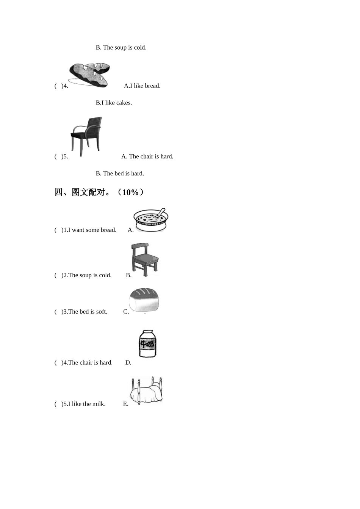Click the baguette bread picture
pos(89,75)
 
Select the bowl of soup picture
pos(151,220)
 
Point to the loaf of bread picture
pos(144,300)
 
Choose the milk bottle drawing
pos(147,343)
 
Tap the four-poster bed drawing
pos(146,390)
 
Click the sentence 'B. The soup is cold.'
pos(121,48)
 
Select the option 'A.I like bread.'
pos(142,86)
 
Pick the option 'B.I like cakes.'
pos(114,103)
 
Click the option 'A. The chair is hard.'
pos(147,157)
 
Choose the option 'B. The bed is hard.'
pos(120,174)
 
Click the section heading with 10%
pos(99,192)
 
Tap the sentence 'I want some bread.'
pos(92,230)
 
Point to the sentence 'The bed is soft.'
pos(88,312)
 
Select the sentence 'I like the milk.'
pos(87,404)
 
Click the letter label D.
pos(128,363)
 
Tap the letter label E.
pos(125,404)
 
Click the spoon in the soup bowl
pos(161,213)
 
